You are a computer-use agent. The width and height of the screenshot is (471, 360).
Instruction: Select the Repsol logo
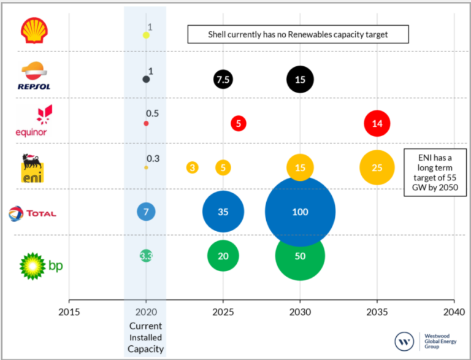[x=33, y=76]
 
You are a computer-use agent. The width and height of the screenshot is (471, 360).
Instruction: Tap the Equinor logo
[x=31, y=121]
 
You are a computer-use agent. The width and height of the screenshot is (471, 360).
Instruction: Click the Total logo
[x=33, y=213]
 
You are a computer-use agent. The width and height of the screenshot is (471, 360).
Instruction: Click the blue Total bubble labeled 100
[x=300, y=212]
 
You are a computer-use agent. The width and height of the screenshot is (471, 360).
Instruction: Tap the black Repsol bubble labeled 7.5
[x=223, y=79]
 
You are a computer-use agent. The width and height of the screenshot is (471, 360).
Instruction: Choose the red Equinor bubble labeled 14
[x=377, y=123]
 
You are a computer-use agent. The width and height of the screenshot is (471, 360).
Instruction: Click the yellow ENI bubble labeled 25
[x=377, y=167]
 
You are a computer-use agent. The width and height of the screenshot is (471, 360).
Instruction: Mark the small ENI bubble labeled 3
[x=193, y=167]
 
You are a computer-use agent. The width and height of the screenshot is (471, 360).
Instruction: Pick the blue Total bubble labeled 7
[x=146, y=212]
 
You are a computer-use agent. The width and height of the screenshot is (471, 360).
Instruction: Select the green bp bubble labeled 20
[x=223, y=256]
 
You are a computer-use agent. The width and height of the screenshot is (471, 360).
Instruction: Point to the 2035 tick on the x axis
[x=377, y=302]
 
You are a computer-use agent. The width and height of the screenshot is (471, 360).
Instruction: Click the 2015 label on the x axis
[x=69, y=311]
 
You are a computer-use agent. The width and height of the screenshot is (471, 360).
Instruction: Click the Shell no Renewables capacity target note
[x=297, y=34]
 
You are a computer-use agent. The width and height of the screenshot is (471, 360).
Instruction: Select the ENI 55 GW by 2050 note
[x=435, y=174]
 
